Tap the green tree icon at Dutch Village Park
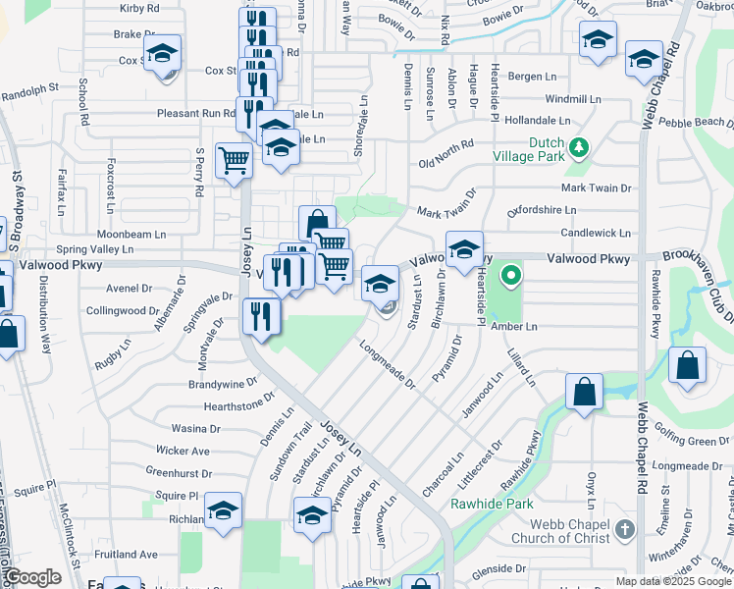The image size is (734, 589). [579, 147]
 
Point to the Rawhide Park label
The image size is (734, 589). [492, 504]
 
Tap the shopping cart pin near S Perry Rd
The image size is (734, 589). [235, 160]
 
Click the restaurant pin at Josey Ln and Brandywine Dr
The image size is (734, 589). [261, 315]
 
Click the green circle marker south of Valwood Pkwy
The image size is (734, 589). [510, 275]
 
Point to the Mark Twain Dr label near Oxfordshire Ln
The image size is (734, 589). [446, 212]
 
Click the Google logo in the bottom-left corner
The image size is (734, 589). [32, 577]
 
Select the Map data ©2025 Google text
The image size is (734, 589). [673, 581]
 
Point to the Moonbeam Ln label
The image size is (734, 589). [130, 235]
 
